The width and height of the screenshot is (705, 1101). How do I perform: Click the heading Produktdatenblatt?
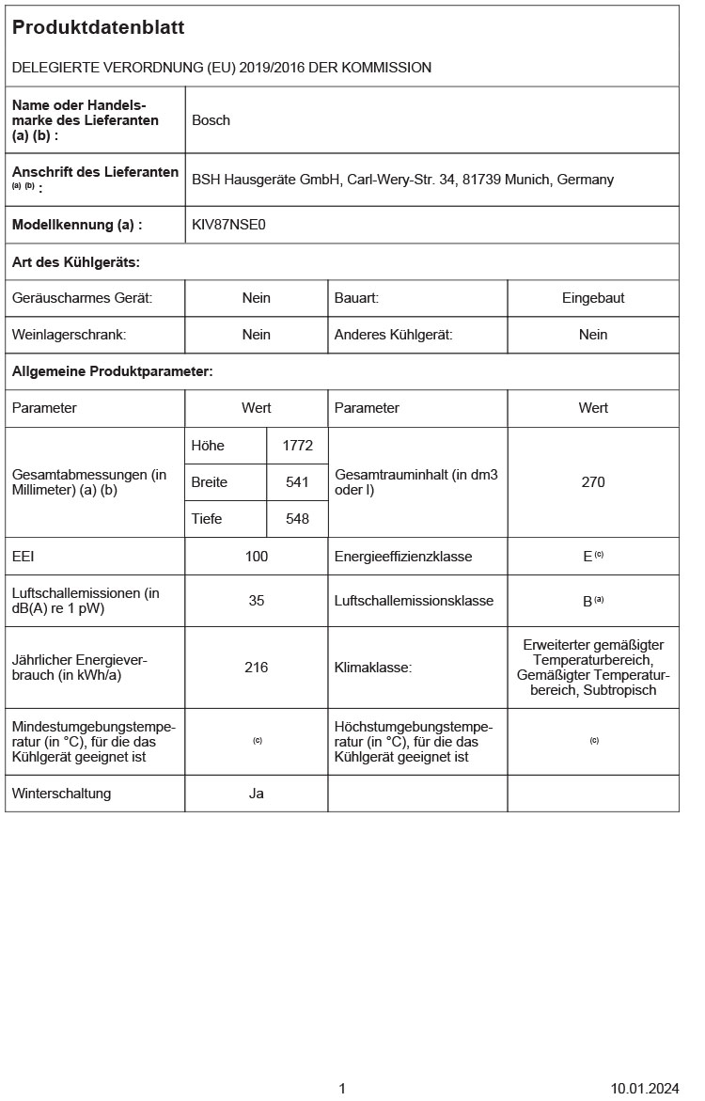[x=98, y=28]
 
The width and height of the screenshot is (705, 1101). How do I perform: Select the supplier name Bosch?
[x=211, y=120]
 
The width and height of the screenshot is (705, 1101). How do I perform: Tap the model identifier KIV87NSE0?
[x=228, y=225]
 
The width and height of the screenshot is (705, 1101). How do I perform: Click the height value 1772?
[x=297, y=446]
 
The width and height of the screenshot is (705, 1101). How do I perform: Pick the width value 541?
[x=297, y=482]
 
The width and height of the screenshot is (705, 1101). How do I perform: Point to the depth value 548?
[x=297, y=519]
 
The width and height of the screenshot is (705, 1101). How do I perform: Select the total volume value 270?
[x=593, y=482]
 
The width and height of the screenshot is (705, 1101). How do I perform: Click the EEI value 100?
[x=256, y=557]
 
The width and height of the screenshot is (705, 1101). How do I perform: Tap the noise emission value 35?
[x=256, y=601]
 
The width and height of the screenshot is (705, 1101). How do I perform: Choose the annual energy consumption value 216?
[x=256, y=668]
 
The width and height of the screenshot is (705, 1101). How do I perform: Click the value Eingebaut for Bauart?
[x=593, y=298]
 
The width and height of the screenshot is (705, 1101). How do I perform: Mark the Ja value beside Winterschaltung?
[x=256, y=794]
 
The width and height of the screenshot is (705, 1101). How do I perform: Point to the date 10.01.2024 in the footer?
[x=644, y=1089]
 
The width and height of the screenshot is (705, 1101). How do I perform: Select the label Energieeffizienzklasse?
[x=403, y=557]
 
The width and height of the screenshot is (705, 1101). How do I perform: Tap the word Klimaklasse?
[x=372, y=668]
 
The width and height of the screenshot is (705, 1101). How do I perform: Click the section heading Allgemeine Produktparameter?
[x=112, y=371]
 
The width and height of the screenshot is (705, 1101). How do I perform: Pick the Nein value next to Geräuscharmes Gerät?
[x=256, y=298]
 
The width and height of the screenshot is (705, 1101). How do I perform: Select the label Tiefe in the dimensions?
[x=207, y=519]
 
